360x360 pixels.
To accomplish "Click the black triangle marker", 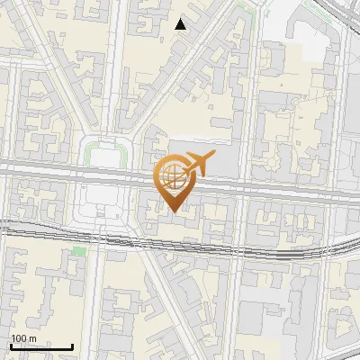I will pos(181,24).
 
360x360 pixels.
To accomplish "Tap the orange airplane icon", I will pos(198,165).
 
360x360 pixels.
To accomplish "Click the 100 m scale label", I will pos(23,338).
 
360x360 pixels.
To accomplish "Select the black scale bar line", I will pos(41,346).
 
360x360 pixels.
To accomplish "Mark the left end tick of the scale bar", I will pos(11,346).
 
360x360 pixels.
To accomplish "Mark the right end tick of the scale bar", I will pos(73,346).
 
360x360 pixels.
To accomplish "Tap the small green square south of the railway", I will pos(79,251).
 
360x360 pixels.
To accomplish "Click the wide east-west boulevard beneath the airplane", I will pos(270,180).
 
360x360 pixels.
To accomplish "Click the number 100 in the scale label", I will pos(19,338).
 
